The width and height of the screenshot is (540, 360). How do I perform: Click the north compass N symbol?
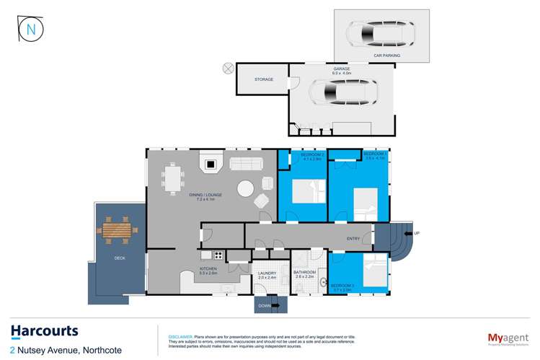(30, 29)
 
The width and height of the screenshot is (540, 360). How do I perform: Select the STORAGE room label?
(264, 79)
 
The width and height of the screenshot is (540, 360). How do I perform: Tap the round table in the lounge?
(245, 189)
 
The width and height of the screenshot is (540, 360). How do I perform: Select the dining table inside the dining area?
(173, 177)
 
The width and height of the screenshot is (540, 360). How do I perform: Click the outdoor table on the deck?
(117, 229)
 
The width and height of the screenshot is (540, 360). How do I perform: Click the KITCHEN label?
(208, 270)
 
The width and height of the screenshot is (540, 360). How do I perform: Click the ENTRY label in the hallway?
(353, 238)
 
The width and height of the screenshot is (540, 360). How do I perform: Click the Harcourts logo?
(44, 331)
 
